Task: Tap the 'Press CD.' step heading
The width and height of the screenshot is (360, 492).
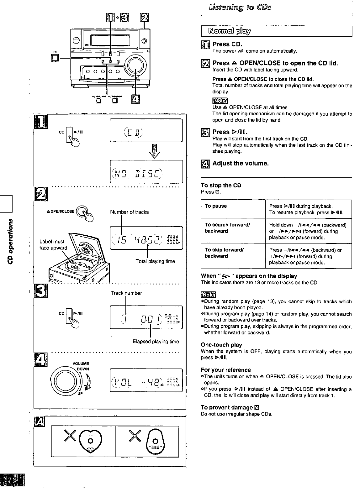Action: (x=227, y=44)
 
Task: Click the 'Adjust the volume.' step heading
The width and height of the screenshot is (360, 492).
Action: (x=241, y=163)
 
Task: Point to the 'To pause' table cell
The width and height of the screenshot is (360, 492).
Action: (x=216, y=206)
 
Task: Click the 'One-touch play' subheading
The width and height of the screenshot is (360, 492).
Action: (x=221, y=345)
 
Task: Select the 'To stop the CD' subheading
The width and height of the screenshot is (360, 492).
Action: (x=221, y=185)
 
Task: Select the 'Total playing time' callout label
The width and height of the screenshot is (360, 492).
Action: (x=155, y=261)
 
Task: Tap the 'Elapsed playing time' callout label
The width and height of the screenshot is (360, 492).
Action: (x=156, y=342)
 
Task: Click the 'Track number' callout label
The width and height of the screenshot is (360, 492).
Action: (x=126, y=293)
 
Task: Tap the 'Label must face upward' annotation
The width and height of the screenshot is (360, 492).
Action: (x=53, y=245)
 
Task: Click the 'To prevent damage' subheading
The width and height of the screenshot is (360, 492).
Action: (x=227, y=407)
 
